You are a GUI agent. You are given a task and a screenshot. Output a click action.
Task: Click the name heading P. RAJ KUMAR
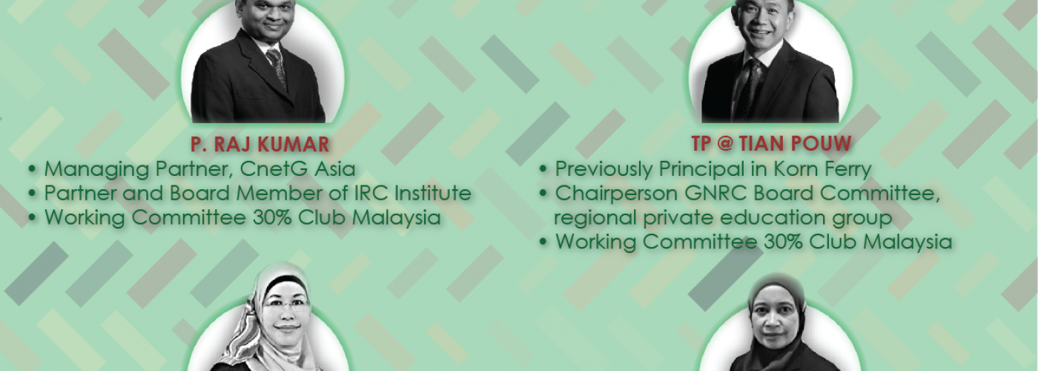tap(260, 144)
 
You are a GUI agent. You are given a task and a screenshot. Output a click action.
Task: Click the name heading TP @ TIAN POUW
tap(772, 144)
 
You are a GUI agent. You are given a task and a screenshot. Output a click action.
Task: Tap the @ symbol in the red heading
tap(727, 144)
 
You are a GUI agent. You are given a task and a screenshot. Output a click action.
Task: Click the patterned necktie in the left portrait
tap(277, 68)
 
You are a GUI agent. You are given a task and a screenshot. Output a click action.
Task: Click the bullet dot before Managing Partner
tap(32, 170)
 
